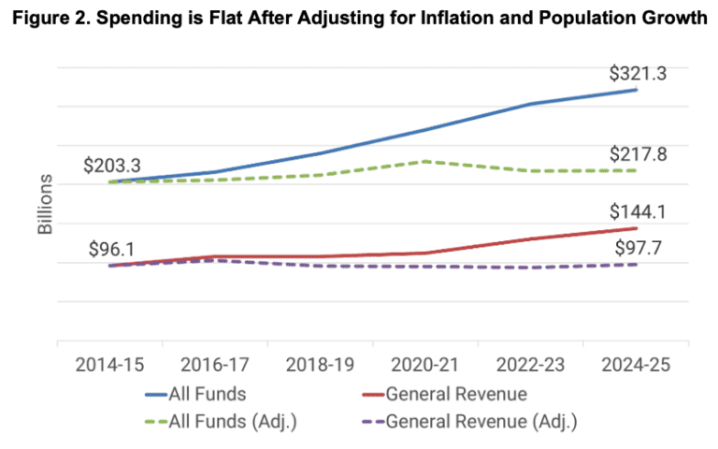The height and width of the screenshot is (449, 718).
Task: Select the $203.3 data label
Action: tap(113, 166)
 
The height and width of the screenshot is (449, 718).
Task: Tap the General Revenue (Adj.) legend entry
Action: tap(481, 421)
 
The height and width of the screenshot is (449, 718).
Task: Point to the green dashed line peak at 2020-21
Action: tap(425, 161)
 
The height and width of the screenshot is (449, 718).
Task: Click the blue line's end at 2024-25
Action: tap(637, 90)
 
